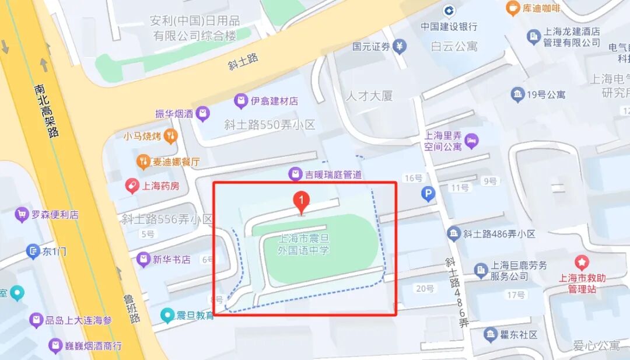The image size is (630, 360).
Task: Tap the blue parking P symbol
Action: pyautogui.click(x=429, y=194)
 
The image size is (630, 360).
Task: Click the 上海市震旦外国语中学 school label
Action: pyautogui.click(x=304, y=244)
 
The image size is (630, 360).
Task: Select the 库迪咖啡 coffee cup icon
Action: pyautogui.click(x=513, y=8)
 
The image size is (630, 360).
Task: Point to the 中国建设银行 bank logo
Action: pyautogui.click(x=449, y=11)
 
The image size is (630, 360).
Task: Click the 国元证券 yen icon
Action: pyautogui.click(x=400, y=47)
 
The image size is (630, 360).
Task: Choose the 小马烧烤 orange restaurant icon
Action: pyautogui.click(x=170, y=137)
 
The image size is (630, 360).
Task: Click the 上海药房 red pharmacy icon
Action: pyautogui.click(x=133, y=186)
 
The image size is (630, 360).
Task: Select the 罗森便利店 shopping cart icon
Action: pyautogui.click(x=22, y=215)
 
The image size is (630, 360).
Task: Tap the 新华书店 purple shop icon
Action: pyautogui.click(x=143, y=260)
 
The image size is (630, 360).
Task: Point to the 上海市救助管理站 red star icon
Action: pyautogui.click(x=582, y=263)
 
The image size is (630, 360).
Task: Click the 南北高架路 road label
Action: pyautogui.click(x=47, y=111)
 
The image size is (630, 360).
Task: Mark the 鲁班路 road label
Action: pyautogui.click(x=132, y=309)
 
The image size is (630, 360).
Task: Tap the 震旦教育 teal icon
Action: pyautogui.click(x=169, y=316)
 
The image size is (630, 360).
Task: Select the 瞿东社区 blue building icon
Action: pyautogui.click(x=490, y=335)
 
